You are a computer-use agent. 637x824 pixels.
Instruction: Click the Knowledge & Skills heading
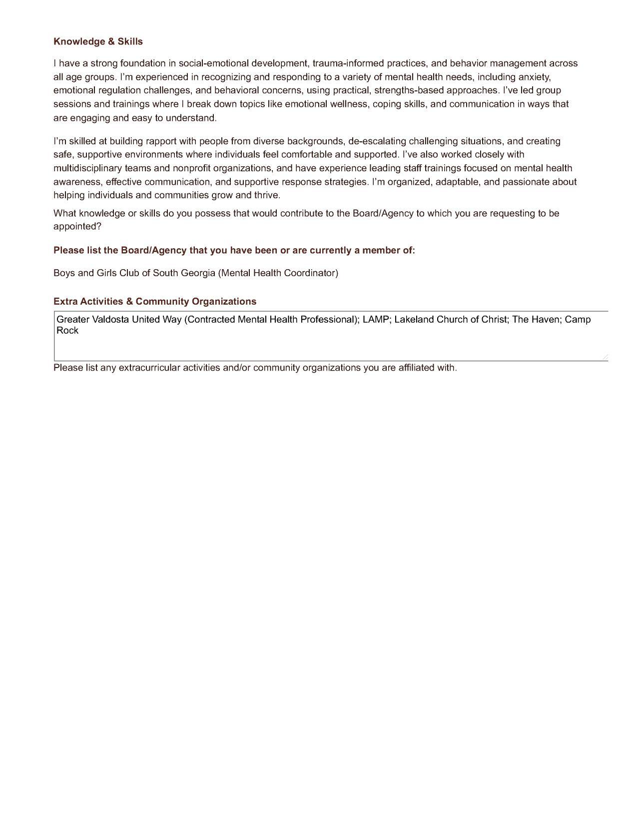coord(98,41)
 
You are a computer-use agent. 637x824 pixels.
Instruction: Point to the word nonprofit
coord(192,168)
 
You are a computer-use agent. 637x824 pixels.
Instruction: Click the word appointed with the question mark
coord(77,226)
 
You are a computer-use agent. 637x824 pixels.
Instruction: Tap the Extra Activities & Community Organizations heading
coord(155,302)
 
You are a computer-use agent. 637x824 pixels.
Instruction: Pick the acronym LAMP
coord(375,320)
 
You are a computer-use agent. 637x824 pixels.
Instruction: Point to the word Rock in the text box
coord(67,331)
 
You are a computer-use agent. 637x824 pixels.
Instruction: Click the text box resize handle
coord(605,357)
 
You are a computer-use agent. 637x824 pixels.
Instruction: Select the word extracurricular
coord(149,368)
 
